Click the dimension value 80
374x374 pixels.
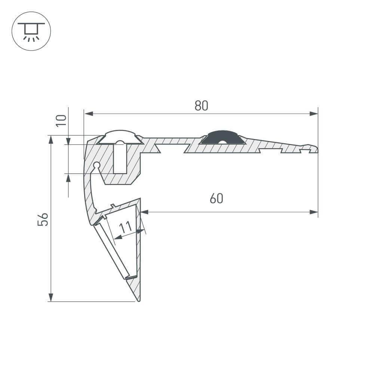point(201,106)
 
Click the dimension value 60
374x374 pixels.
point(216,198)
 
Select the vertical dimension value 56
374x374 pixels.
point(43,219)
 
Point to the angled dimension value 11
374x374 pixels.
point(126,227)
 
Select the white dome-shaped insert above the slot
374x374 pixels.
point(120,137)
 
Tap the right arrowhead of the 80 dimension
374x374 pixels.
point(314,114)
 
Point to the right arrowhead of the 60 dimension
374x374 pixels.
point(314,212)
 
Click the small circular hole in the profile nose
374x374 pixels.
point(96,165)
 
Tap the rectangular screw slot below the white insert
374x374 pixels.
point(120,159)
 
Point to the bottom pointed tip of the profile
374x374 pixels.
point(139,300)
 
